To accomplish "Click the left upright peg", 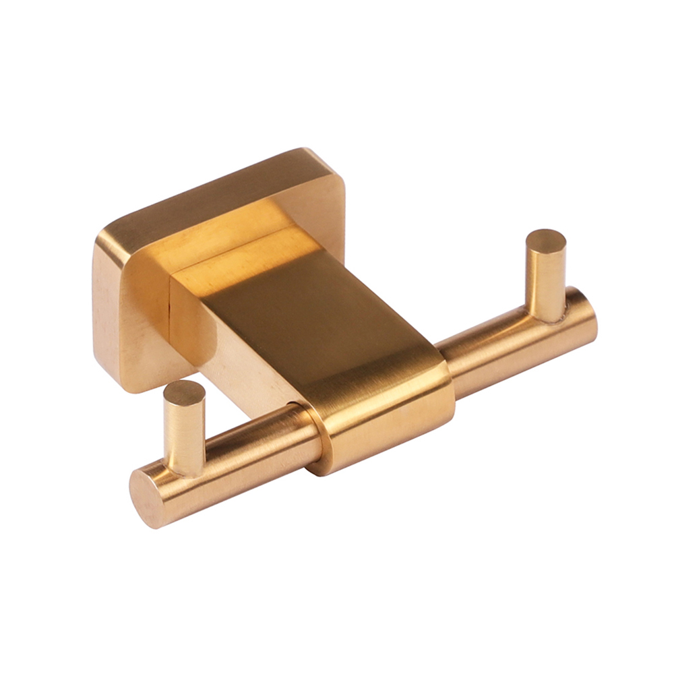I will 185,431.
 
